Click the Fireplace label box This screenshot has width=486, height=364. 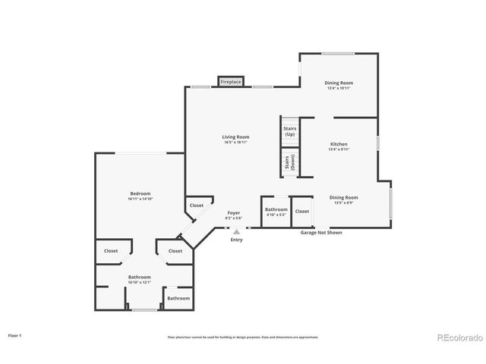(230, 81)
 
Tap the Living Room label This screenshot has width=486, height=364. (235, 136)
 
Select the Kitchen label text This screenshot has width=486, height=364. (339, 144)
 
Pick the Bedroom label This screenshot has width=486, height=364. (140, 193)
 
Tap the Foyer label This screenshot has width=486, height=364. (234, 213)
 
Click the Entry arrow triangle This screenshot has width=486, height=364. (236, 231)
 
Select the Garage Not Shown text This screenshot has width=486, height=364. (320, 233)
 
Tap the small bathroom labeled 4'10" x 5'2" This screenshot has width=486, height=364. (276, 212)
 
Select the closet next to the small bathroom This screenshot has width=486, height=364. (302, 212)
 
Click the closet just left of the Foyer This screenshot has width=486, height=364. (197, 206)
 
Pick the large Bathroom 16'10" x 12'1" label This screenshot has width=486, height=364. (139, 279)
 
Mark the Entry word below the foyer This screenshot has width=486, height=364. (237, 240)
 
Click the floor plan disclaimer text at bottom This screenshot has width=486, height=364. (243, 337)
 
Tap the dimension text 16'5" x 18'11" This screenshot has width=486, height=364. (235, 142)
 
